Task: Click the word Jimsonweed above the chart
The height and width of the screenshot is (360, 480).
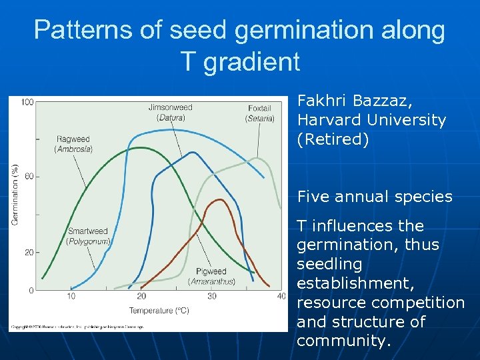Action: [x=170, y=107]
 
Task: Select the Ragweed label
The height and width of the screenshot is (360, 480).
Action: [x=73, y=139]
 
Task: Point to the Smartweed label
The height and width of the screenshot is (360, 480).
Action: [x=87, y=231]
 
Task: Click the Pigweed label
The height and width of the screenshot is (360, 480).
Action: [x=211, y=271]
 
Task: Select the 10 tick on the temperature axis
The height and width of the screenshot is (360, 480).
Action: [x=71, y=296]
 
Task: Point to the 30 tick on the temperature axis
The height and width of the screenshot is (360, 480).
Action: [x=212, y=296]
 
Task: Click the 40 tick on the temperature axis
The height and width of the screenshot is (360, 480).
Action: [x=281, y=296]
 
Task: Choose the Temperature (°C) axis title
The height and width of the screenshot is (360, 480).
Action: [x=159, y=310]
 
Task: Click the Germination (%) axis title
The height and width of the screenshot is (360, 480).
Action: [x=15, y=195]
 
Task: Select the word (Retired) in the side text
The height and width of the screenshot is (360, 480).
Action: [x=333, y=139]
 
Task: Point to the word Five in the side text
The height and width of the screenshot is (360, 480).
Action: [x=313, y=197]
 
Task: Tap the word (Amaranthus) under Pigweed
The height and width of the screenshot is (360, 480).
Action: [x=211, y=281]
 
